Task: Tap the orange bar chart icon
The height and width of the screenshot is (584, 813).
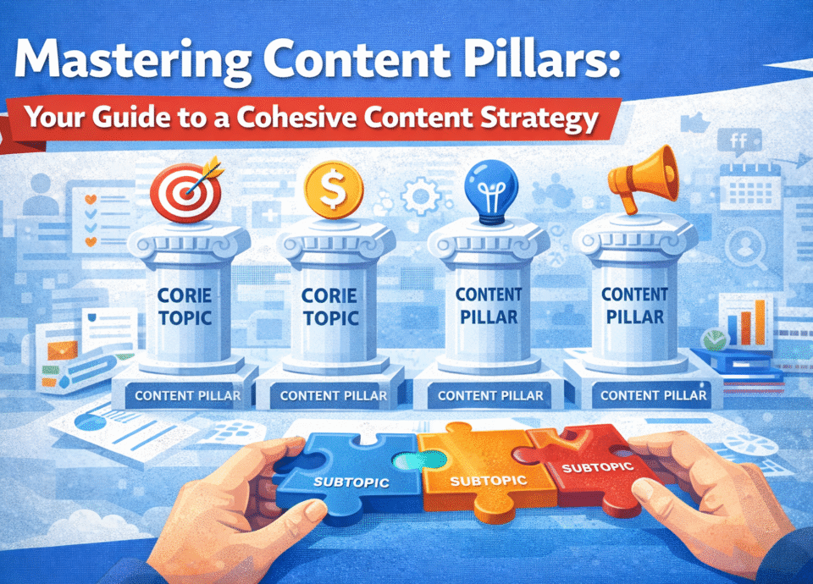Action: (749, 319)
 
